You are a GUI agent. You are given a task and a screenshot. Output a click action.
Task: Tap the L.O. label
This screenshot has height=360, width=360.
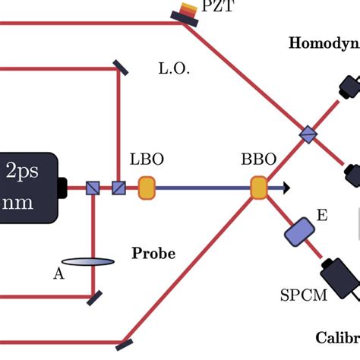pos(174,68)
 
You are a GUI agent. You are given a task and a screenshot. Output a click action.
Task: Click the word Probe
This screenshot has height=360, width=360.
pos(153,253)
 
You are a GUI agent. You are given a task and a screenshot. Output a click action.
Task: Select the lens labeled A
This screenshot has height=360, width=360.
pos(88,262)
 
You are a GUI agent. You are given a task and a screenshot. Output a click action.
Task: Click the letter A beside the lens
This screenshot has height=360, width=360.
pos(58,274)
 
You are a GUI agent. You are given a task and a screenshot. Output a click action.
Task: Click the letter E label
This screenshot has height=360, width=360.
pos(322,216)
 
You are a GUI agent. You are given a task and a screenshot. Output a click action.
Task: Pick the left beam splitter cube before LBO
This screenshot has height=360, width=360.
pos(93,188)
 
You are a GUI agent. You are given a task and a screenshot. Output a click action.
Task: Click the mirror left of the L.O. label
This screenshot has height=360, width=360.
pos(120,68)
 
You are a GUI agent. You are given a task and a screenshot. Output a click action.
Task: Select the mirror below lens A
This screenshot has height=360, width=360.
pos(94,297)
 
